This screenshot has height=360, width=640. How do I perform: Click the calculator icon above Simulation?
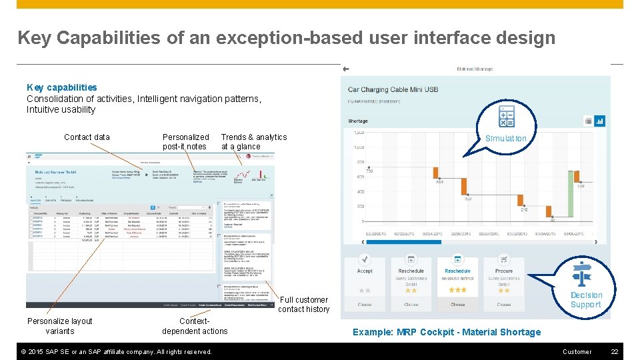point(507,116)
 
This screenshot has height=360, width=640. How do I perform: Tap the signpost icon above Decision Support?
point(584,274)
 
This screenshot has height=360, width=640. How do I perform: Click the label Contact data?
point(87,137)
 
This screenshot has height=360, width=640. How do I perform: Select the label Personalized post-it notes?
point(185,142)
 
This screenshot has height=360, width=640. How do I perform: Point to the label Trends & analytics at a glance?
point(253,142)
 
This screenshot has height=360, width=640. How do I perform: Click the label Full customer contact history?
point(303,305)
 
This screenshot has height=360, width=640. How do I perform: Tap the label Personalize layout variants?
point(59,326)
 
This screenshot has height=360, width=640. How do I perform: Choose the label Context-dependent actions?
point(195,326)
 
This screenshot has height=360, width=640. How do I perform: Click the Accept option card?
point(365,283)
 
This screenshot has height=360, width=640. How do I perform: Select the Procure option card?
point(504,283)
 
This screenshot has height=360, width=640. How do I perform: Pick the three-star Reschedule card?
point(457,283)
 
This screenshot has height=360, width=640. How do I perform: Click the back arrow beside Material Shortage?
point(346,69)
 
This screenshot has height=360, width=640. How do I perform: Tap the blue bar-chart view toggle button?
point(599,121)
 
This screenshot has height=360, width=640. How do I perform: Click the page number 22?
point(615,351)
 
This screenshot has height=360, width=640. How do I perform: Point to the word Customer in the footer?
point(577,351)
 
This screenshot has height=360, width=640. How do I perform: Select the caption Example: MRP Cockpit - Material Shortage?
point(447,332)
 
